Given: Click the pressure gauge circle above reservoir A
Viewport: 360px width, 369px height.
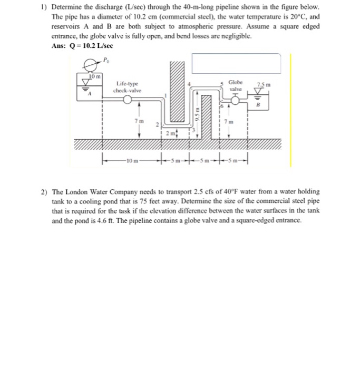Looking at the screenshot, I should pos(91,65).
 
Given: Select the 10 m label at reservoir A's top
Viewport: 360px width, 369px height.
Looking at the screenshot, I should pos(95,77).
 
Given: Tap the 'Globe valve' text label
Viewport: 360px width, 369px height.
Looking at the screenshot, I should pos(237,85).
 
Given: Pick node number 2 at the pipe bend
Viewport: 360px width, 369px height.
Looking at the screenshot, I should pos(156,125).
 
